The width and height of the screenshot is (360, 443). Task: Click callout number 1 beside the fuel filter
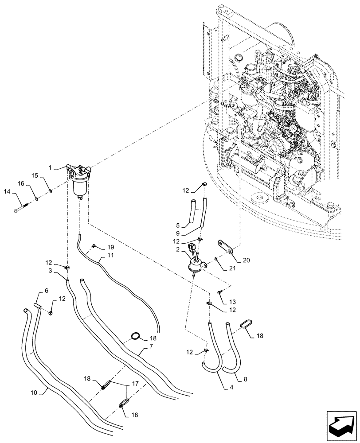click(51, 167)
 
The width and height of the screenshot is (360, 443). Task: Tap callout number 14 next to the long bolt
click(7, 191)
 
